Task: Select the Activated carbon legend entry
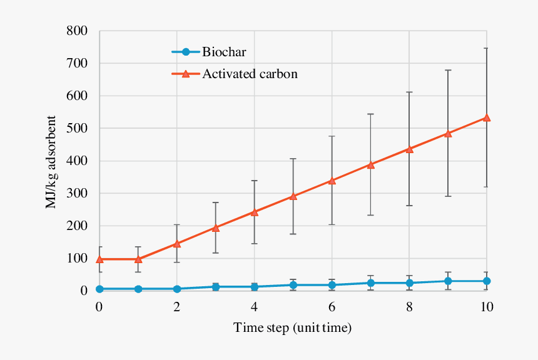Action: coord(249,74)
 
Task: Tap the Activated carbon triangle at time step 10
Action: coord(487,117)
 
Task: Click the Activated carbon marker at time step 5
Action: coord(293,196)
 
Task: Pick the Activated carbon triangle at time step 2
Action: coord(177,244)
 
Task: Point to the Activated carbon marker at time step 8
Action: coord(409,149)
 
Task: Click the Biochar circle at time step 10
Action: coord(487,281)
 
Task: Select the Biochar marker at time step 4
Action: coord(255,287)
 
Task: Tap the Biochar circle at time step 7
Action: coord(370,283)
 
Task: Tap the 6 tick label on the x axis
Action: coord(332,307)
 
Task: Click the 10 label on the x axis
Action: coord(487,307)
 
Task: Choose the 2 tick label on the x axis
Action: coord(177,307)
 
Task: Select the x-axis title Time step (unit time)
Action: coord(292,327)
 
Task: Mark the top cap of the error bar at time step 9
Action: coord(448,70)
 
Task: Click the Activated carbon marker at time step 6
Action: coord(332,181)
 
